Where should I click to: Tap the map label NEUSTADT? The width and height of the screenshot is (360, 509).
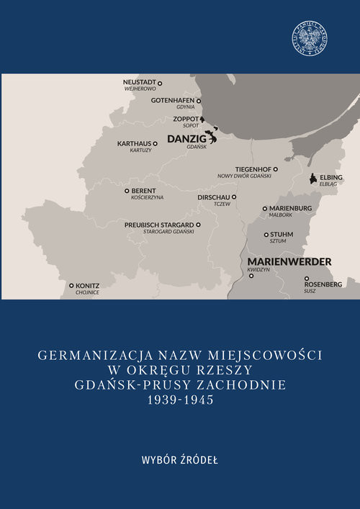(140, 82)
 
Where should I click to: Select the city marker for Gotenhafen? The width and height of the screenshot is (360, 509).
(199, 101)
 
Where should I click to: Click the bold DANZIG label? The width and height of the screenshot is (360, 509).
(186, 138)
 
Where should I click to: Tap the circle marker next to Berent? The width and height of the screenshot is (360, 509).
(127, 191)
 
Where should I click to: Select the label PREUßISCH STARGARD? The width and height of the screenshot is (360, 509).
(158, 225)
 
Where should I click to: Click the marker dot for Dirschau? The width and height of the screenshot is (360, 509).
(234, 196)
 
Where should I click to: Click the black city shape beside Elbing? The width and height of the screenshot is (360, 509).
(312, 178)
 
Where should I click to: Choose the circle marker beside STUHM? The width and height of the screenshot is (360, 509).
(266, 235)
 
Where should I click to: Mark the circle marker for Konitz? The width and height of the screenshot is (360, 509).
(71, 286)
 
